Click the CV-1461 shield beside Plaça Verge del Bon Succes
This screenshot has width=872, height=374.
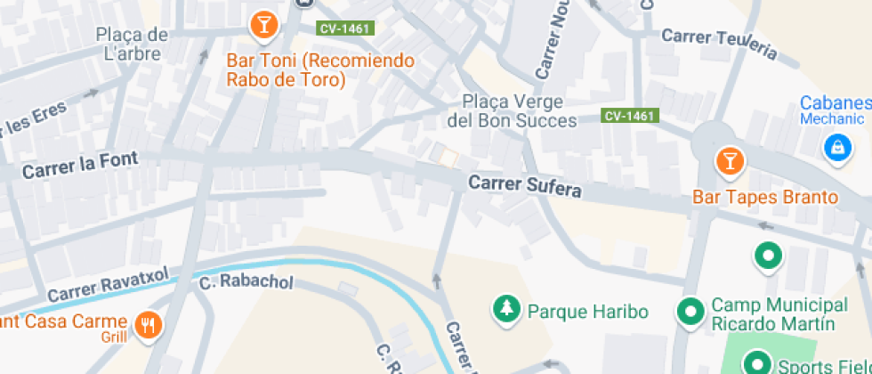(630, 116)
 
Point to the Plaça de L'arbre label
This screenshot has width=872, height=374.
(132, 45)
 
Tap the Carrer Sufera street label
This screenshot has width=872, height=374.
(525, 186)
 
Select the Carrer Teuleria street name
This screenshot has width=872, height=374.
(719, 43)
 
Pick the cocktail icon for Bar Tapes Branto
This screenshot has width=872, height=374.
(730, 160)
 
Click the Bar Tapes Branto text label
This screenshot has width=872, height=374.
(765, 197)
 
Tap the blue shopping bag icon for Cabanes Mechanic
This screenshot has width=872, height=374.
(837, 147)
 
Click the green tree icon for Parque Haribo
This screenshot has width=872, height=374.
(507, 309)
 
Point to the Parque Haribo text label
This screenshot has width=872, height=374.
(587, 312)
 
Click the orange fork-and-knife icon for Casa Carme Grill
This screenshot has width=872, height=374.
(148, 325)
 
